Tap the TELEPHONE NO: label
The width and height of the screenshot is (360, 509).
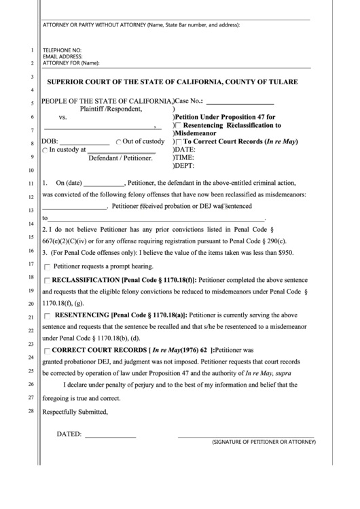pos(62,50)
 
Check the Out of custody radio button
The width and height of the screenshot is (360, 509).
pos(119,141)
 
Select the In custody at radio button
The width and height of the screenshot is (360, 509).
pos(46,151)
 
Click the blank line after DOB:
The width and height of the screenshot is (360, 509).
pos(86,142)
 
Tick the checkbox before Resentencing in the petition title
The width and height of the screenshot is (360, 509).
pos(179,126)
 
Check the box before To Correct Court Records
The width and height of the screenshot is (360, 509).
pos(179,142)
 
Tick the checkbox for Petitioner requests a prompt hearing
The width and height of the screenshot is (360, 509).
pos(47,267)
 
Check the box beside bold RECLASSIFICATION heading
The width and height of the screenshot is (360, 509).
pos(46,279)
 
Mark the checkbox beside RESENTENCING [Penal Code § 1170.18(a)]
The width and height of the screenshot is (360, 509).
pos(47,316)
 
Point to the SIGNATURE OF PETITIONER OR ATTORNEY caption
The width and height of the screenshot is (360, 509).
pos(264,442)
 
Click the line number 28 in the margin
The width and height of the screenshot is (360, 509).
pos(32,411)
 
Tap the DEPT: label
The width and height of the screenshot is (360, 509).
pos(185,165)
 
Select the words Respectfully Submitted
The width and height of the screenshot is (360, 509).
pos(75,411)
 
